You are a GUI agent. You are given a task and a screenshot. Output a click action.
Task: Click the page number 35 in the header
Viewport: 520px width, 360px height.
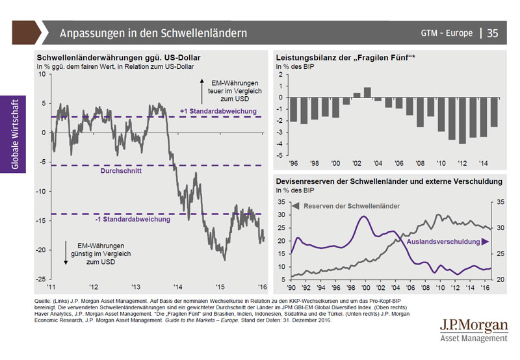click(x=492, y=32)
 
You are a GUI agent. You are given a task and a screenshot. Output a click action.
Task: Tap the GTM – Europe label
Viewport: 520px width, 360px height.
click(x=447, y=32)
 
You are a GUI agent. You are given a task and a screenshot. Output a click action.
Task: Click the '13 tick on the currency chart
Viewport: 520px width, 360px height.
click(x=135, y=287)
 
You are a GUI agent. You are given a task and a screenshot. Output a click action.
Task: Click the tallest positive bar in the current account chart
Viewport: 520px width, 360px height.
click(x=367, y=92)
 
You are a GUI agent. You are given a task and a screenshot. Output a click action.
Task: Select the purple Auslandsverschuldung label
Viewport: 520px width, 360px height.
click(x=443, y=242)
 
